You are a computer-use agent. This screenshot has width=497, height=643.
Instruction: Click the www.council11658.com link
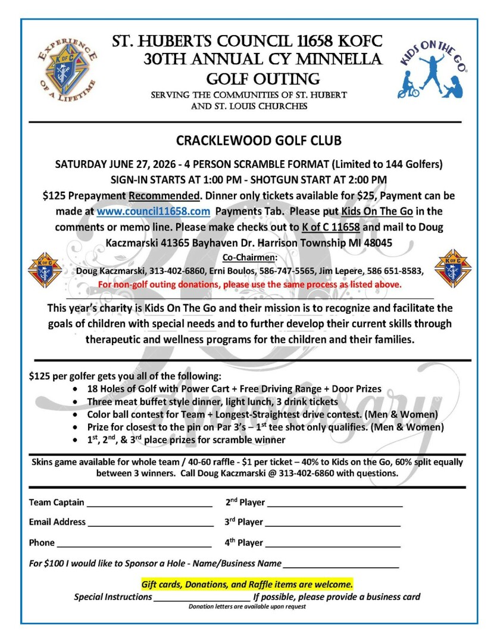(x=154, y=211)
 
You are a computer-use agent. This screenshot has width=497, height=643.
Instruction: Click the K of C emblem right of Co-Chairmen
(x=452, y=269)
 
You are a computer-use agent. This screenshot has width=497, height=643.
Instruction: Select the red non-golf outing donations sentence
(x=250, y=285)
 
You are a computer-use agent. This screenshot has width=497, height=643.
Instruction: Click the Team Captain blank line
(x=149, y=505)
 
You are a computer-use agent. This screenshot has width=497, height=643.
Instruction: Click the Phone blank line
(x=134, y=545)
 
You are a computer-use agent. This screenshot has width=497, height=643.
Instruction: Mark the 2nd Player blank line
(x=335, y=505)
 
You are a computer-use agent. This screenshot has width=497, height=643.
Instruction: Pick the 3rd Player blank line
(x=333, y=525)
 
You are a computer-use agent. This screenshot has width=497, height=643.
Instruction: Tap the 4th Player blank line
(x=333, y=545)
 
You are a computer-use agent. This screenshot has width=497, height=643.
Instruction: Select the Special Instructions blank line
(x=202, y=600)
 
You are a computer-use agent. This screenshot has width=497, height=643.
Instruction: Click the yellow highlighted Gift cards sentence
(x=247, y=584)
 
